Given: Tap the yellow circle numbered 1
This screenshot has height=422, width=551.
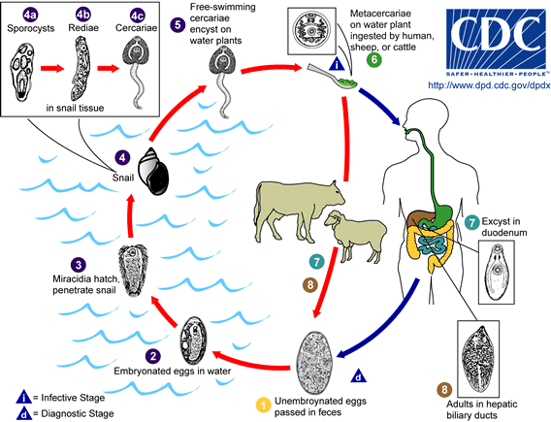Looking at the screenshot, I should (x=261, y=403).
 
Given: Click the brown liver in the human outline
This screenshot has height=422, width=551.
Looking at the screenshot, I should (x=424, y=219).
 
